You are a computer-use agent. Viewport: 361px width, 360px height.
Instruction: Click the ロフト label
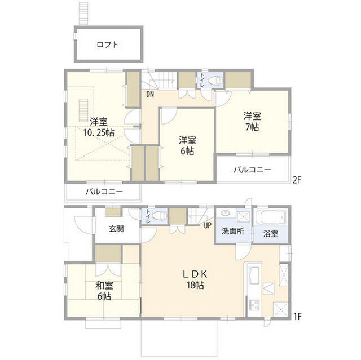(x=107, y=45)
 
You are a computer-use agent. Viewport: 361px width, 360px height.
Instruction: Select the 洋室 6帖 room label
(x=188, y=145)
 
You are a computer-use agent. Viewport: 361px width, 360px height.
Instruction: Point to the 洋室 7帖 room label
(x=252, y=122)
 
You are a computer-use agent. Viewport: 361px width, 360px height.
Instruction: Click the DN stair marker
(x=150, y=95)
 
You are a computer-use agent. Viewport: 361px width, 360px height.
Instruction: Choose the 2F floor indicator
(x=297, y=180)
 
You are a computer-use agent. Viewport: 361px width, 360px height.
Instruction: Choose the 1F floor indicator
(x=297, y=317)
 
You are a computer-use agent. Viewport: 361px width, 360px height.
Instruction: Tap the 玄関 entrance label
(x=117, y=229)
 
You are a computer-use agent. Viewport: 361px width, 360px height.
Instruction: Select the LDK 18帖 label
(x=195, y=279)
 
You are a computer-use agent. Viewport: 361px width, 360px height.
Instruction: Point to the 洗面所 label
(x=232, y=232)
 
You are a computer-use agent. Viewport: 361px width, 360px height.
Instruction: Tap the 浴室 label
(x=270, y=233)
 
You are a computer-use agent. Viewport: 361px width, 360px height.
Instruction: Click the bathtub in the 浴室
(x=271, y=217)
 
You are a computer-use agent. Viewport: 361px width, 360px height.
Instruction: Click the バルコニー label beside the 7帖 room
(x=252, y=170)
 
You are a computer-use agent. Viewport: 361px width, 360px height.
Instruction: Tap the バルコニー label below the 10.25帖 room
(x=104, y=192)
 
